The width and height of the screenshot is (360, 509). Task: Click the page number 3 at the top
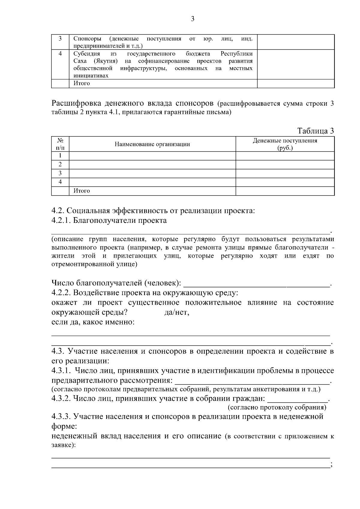point(193,19)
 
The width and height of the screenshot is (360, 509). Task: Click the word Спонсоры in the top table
point(87,39)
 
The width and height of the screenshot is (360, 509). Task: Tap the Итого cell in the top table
point(82,83)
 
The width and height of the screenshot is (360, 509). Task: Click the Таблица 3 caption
point(315,131)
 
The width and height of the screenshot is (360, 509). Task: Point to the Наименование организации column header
point(152,144)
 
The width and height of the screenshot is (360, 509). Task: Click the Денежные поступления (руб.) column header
point(285,144)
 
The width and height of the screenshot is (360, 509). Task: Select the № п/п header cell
point(60,144)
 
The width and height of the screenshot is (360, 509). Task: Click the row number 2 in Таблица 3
point(60,164)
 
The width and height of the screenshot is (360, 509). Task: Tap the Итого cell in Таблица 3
point(82,191)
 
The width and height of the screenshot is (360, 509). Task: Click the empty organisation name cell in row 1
point(152,156)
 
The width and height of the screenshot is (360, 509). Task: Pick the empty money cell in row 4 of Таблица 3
point(285,182)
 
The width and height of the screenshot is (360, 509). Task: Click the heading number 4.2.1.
point(61,220)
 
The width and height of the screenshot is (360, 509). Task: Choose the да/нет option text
point(177,313)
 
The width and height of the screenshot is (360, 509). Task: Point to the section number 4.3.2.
point(61,399)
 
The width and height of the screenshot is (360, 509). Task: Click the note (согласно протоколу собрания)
point(277,407)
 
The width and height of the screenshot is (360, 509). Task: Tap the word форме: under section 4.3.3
point(64,426)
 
